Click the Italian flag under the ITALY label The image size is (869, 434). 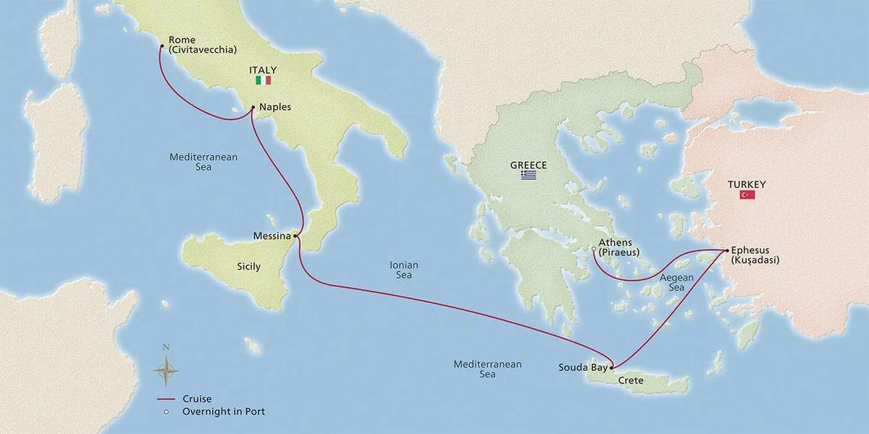click(263, 80)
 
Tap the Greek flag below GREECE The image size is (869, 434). click(528, 176)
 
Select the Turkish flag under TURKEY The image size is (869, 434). click(747, 195)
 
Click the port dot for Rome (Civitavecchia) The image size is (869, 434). click(161, 48)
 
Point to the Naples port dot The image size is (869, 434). click(252, 109)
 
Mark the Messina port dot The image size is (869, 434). click(296, 236)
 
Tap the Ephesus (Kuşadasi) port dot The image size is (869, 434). click(726, 250)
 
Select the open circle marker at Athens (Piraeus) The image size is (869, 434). click(593, 250)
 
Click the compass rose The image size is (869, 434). click(166, 371)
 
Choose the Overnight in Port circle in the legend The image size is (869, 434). click(166, 412)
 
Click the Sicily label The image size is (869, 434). click(248, 267)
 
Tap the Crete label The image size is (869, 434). click(631, 380)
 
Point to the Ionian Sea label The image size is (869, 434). click(404, 271)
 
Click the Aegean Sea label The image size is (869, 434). click(676, 283)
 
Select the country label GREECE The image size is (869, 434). click(527, 166)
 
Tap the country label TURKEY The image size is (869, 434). click(747, 184)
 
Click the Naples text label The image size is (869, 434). click(274, 107)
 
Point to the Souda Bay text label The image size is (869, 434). click(583, 367)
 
